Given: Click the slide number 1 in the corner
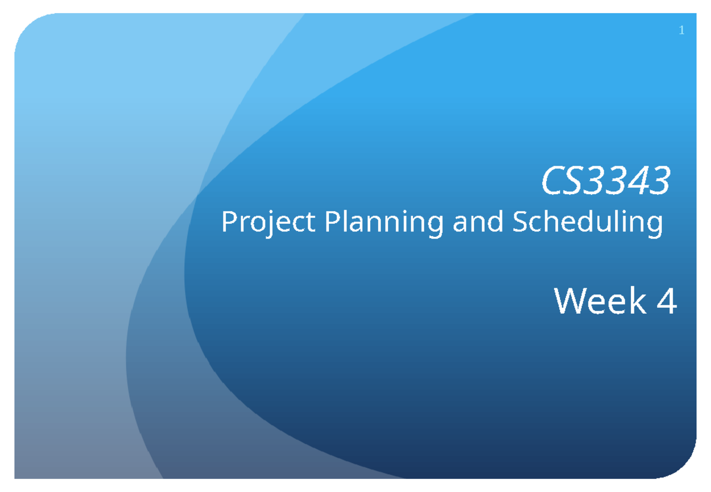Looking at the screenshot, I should tap(682, 31).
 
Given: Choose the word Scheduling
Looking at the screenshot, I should tap(587, 223).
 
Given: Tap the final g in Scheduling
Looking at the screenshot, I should tap(654, 226).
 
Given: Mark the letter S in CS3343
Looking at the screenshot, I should tap(576, 181).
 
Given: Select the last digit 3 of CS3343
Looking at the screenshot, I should tap(659, 181).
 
